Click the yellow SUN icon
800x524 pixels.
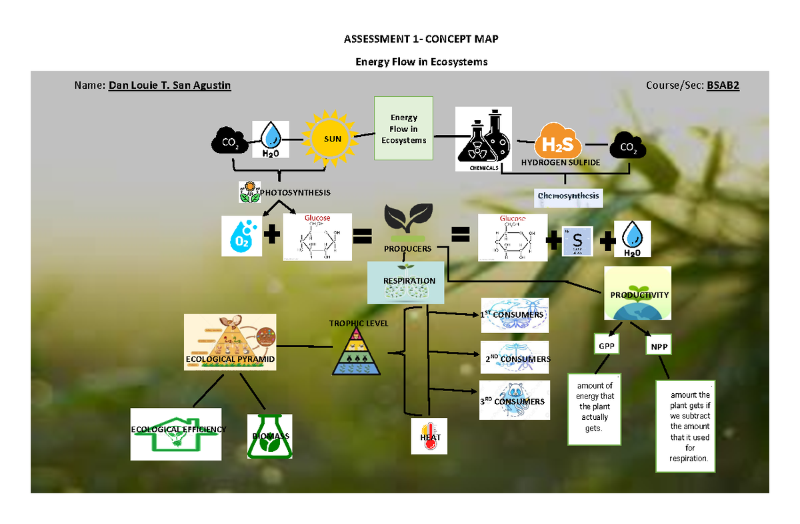tap(333, 138)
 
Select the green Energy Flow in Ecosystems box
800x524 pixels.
tap(403, 128)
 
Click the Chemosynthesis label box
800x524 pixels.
tap(569, 197)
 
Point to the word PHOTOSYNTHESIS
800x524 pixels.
tap(295, 193)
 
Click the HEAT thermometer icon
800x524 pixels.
tap(429, 436)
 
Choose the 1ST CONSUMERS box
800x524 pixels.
tap(515, 315)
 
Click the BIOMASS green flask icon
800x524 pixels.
tap(270, 436)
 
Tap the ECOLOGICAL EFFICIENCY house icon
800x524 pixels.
tap(176, 434)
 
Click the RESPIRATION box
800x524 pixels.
tap(409, 282)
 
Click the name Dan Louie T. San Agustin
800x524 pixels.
tap(169, 86)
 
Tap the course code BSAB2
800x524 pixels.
tap(723, 86)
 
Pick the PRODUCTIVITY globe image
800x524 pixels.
tap(637, 294)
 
